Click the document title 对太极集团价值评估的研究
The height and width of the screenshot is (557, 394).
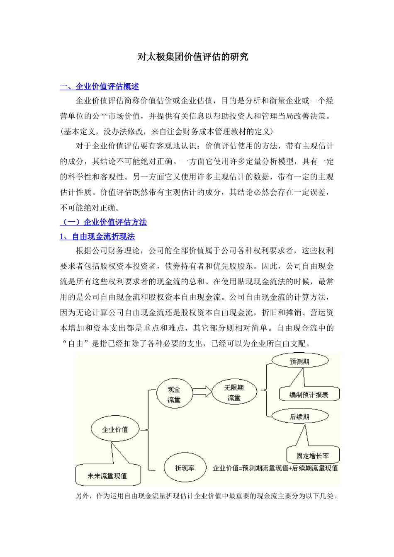click(193, 57)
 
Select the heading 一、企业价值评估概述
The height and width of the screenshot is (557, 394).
click(100, 87)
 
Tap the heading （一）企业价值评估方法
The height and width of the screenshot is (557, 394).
click(103, 222)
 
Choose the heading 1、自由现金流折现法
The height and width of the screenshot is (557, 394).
click(97, 237)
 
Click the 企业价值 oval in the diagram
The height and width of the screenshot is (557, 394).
click(115, 430)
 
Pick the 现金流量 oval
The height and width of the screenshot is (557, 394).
click(174, 395)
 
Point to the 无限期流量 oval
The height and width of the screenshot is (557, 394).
click(234, 392)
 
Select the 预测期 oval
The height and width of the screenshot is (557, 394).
click(299, 361)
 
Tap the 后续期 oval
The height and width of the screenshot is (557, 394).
click(299, 417)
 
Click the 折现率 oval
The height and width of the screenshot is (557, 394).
click(185, 468)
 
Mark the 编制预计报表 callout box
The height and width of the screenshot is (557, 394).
click(309, 395)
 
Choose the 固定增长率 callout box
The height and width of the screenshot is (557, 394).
click(313, 455)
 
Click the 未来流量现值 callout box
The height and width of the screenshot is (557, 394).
click(107, 476)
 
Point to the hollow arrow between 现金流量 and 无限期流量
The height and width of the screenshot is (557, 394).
click(202, 391)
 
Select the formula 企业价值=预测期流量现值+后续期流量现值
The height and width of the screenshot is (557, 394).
click(275, 468)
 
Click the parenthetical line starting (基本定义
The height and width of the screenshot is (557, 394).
click(166, 132)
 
